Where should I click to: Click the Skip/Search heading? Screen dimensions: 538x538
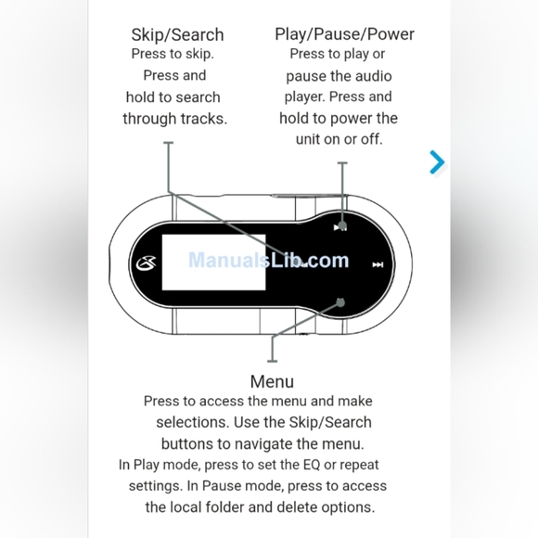coord(177,35)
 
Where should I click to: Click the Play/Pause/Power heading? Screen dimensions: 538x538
coord(344,34)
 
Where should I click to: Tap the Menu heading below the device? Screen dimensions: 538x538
coord(272,381)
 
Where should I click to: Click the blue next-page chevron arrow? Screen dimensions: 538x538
coord(437,162)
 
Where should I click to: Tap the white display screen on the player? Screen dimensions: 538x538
coord(213,263)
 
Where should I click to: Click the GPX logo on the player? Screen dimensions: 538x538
coord(147,263)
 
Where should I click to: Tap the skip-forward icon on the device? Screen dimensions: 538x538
coord(378,264)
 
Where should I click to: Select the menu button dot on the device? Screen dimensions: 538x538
coord(340,302)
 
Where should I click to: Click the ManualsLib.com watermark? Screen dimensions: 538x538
coord(269,260)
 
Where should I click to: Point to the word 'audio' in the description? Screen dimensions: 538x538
coord(374,76)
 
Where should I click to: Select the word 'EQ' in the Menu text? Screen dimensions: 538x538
coord(312,465)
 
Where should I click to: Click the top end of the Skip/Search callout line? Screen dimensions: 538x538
coord(168,143)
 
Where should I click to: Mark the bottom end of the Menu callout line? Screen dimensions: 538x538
coord(272,361)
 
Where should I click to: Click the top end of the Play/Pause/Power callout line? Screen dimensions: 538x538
coord(342,163)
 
